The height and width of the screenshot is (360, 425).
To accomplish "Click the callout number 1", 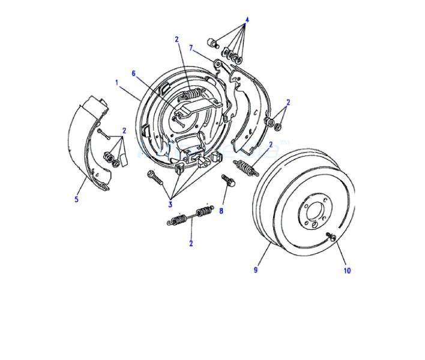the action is point(117,82).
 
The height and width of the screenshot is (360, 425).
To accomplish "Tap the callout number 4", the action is point(247,20).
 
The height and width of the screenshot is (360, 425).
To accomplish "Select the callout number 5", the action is point(76,199).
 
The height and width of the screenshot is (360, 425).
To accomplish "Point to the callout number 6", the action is point(133,74).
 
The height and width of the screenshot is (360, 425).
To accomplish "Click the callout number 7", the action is point(191,48).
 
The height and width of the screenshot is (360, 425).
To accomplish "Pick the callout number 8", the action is point(221,211).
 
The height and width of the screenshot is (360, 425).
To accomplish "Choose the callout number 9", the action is point(256,270).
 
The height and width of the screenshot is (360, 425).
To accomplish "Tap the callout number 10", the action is point(347,271).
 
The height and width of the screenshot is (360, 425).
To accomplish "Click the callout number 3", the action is point(170,204).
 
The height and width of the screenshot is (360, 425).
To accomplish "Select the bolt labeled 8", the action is point(228,181).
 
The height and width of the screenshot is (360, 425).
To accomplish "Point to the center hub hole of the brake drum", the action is point(315,212).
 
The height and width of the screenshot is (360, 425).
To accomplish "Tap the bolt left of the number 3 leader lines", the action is point(155,178).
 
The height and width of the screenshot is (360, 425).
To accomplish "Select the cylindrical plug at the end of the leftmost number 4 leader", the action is point(214,43).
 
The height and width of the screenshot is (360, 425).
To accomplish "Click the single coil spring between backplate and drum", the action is point(246,167).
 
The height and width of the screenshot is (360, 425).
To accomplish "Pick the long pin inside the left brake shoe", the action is point(103,134).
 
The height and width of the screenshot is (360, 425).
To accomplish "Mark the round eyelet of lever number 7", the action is point(218,64).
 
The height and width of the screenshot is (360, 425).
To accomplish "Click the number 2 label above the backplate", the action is point(176,40).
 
